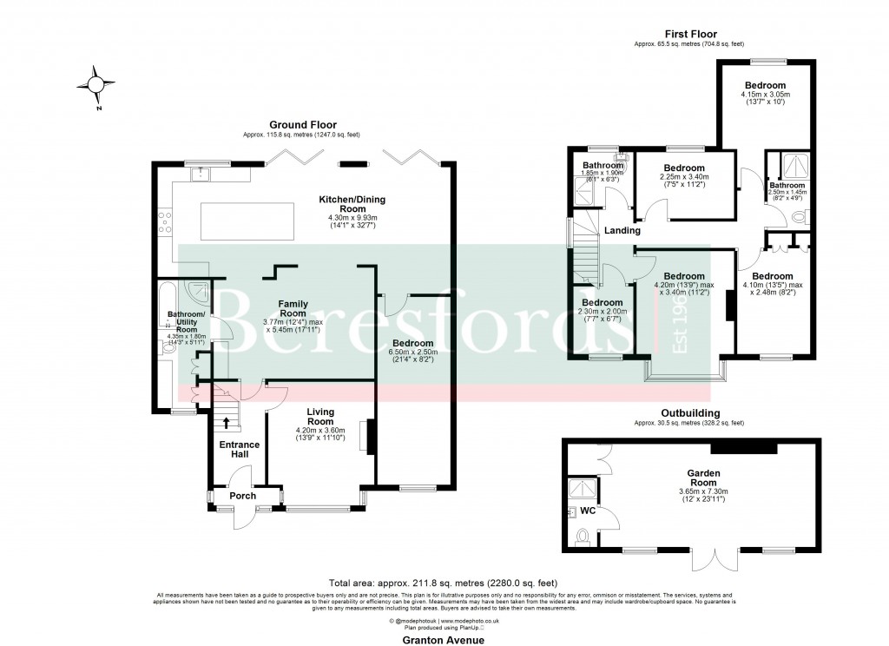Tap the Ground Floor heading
tap(302, 125)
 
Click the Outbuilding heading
tap(688, 413)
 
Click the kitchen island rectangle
tap(253, 221)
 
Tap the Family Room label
tap(293, 308)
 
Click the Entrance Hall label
tap(239, 451)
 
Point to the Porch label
tap(243, 497)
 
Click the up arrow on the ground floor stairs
tap(227, 423)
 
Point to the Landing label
tap(622, 231)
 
